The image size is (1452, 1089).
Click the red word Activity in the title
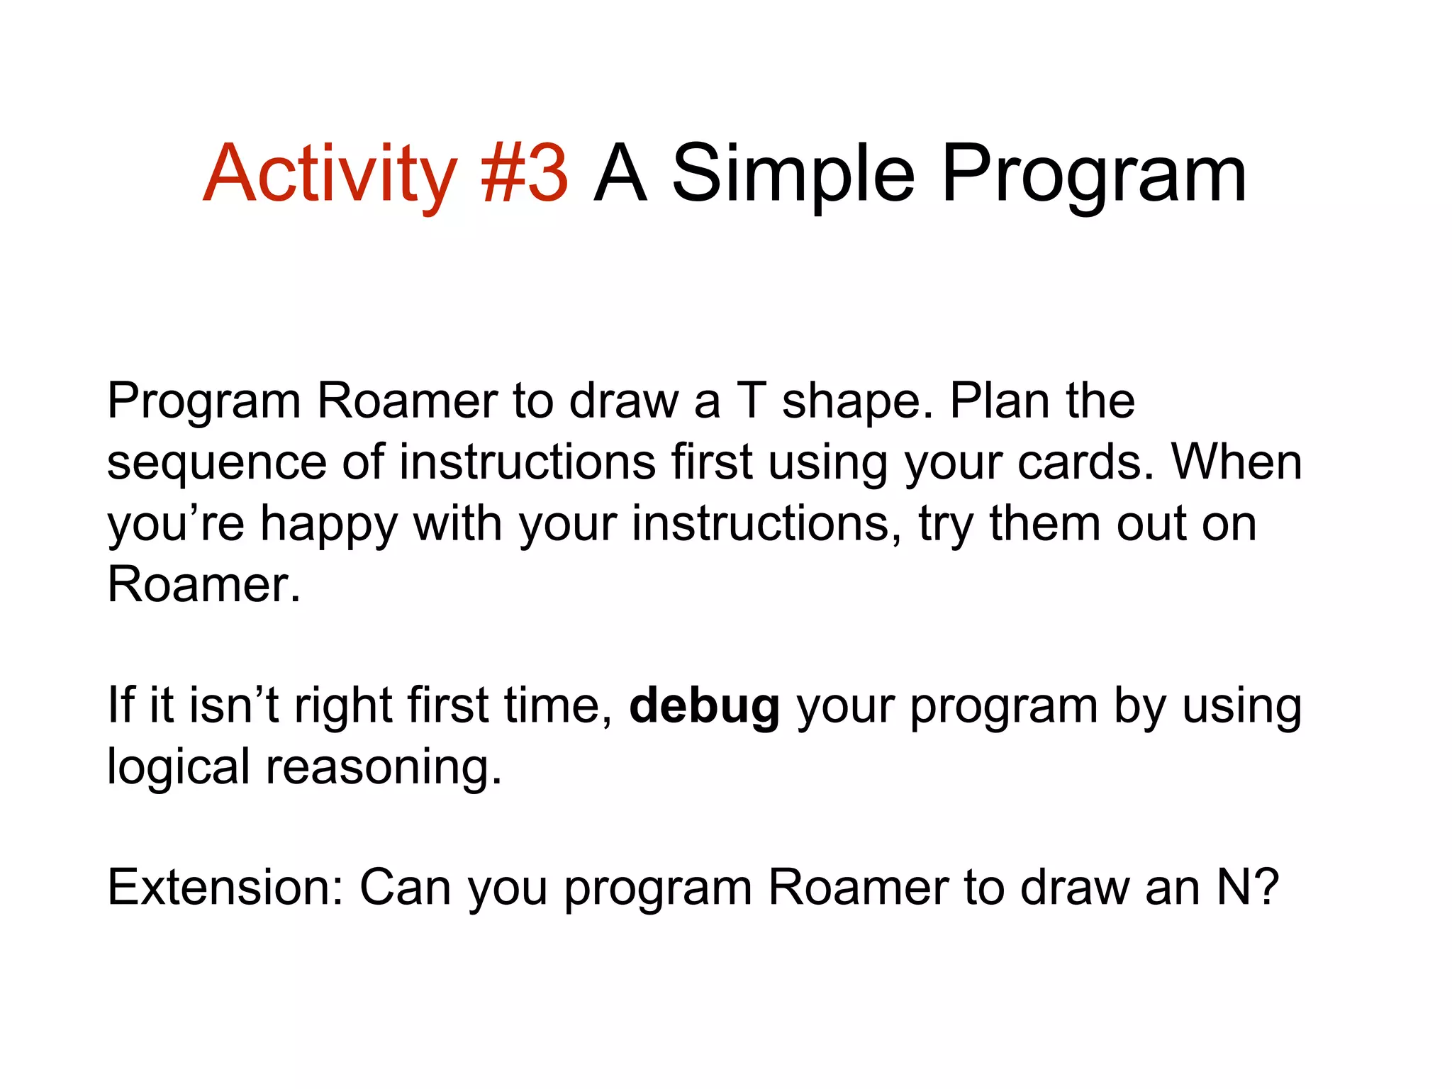coord(330,174)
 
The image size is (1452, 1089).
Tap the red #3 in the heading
coord(525,174)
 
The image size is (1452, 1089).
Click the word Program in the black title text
coord(1093,174)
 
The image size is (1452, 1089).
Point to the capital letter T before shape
coord(752,401)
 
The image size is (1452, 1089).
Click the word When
coord(1236,462)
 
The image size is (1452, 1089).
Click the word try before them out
coord(946,525)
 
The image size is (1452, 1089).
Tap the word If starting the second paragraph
coord(121,705)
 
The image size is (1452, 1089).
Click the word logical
coord(178,767)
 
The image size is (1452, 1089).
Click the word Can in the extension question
coord(405,887)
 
